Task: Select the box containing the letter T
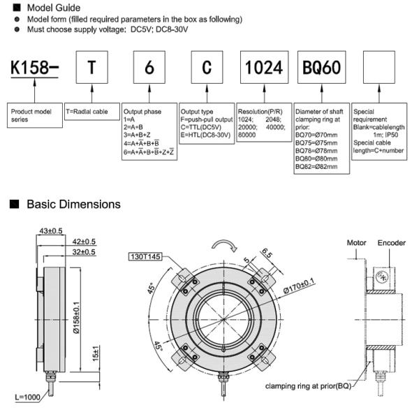tap(92, 68)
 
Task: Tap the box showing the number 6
tap(148, 68)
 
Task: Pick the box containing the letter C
tap(206, 68)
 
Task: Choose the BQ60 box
tap(323, 68)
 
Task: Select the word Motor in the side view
tap(358, 243)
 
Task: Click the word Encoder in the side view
tap(392, 243)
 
